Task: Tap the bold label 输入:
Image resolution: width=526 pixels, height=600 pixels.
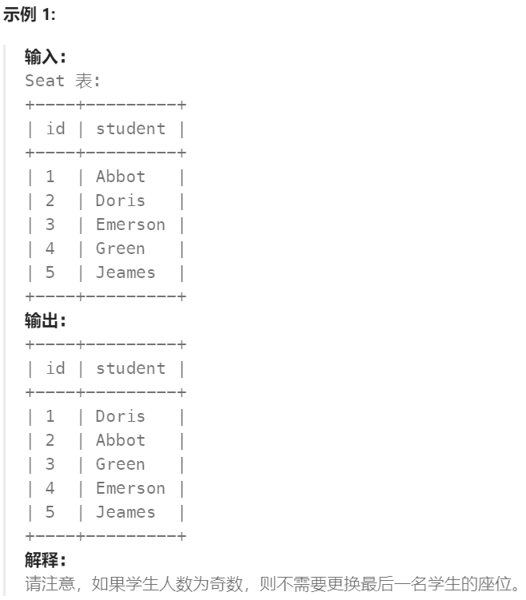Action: (45, 57)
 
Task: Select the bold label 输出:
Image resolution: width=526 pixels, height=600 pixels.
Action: (45, 320)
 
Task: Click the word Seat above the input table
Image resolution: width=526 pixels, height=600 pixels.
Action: (45, 81)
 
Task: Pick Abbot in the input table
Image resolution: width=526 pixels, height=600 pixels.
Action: (121, 177)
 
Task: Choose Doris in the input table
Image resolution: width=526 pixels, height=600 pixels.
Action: (121, 201)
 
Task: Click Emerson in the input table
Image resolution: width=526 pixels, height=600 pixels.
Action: (130, 225)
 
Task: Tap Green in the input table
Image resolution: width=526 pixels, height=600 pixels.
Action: (121, 248)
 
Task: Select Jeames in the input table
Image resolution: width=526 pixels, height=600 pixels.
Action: (126, 272)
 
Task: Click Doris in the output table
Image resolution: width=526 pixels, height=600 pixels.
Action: (121, 416)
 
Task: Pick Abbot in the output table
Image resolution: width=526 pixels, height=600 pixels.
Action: (121, 440)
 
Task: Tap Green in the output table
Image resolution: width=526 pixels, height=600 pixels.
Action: (121, 464)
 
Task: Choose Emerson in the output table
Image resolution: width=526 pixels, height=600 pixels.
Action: (130, 488)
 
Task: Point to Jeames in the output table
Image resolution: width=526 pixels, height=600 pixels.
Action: (126, 512)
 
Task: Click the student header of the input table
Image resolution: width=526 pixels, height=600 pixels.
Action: (130, 129)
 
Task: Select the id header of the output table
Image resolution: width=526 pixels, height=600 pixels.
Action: (55, 368)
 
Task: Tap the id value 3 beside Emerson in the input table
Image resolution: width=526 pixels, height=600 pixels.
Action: (50, 225)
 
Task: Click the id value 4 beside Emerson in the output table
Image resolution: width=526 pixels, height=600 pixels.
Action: (50, 488)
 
